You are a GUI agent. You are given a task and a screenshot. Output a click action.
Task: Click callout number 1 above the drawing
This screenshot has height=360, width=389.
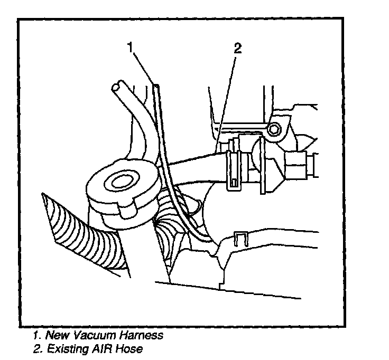(x=130, y=48)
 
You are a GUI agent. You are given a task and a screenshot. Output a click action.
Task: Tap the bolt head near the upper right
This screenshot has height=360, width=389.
(x=273, y=129)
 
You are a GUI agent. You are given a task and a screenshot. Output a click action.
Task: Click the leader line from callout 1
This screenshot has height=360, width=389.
(x=144, y=67)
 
